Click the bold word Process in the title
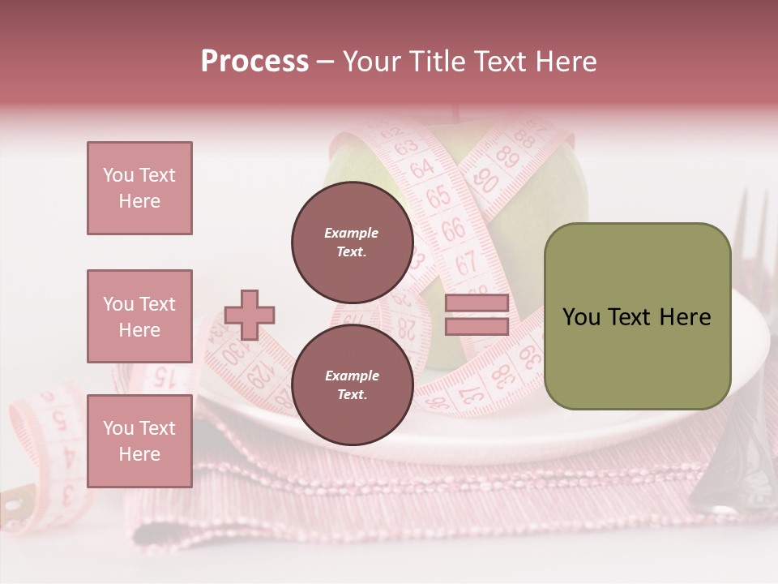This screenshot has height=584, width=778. pyautogui.click(x=254, y=62)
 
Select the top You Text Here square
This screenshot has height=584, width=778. pyautogui.click(x=139, y=188)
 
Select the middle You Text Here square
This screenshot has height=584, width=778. pyautogui.click(x=139, y=316)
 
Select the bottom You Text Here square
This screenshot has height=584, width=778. pyautogui.click(x=139, y=440)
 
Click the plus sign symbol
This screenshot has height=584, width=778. pyautogui.click(x=250, y=316)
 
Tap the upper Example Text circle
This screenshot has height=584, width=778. pyautogui.click(x=352, y=242)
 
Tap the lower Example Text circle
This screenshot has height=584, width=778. pyautogui.click(x=352, y=384)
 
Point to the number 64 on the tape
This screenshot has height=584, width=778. pyautogui.click(x=421, y=170)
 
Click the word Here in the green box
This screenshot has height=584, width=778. pyautogui.click(x=684, y=317)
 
